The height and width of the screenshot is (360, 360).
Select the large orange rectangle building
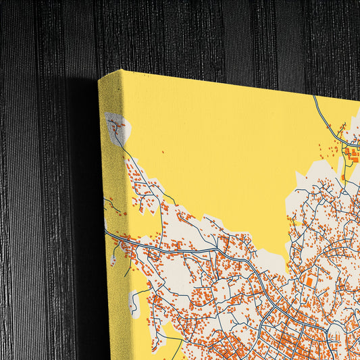(x=309, y=280)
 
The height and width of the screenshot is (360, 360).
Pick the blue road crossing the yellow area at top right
(x=323, y=115)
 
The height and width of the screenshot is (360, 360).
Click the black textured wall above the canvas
(x=203, y=34)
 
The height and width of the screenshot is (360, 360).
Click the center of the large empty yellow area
(x=216, y=155)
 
